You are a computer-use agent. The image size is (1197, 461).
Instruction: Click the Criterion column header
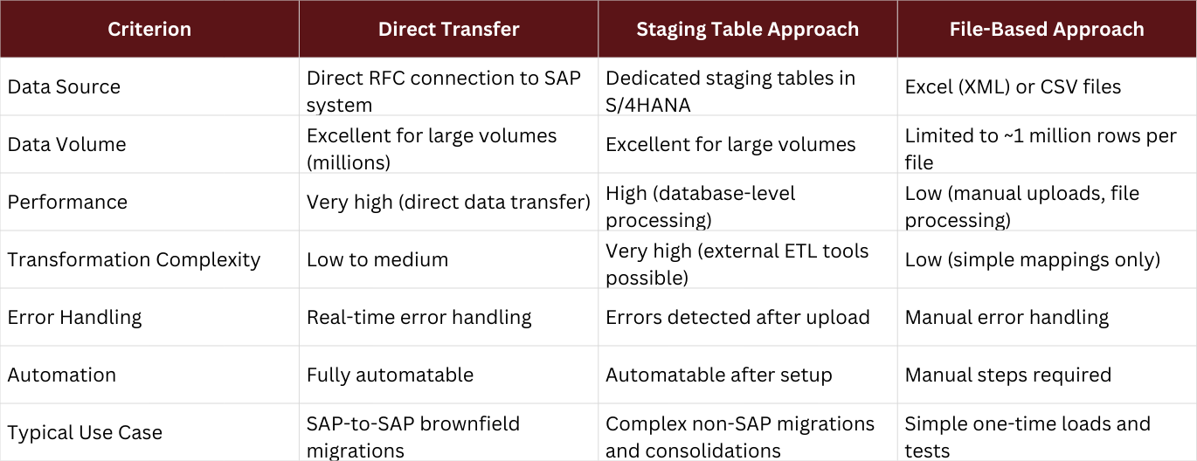pyautogui.click(x=149, y=29)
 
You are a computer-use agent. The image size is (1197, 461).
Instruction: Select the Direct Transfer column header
pyautogui.click(x=448, y=29)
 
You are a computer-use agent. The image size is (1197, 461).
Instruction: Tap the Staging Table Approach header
pyautogui.click(x=747, y=29)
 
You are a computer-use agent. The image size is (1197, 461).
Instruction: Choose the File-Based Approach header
pyautogui.click(x=1047, y=29)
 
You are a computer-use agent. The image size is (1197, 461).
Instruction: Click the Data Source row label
pyautogui.click(x=64, y=86)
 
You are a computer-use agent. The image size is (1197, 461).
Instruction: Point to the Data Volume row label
pyautogui.click(x=66, y=144)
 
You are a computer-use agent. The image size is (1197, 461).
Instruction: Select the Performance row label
pyautogui.click(x=67, y=202)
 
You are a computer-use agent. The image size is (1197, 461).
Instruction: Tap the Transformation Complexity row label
pyautogui.click(x=134, y=259)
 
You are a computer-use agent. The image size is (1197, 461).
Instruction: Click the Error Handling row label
pyautogui.click(x=75, y=317)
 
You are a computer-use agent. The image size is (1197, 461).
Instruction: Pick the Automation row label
pyautogui.click(x=61, y=375)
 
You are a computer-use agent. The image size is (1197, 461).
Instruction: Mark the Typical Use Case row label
pyautogui.click(x=85, y=433)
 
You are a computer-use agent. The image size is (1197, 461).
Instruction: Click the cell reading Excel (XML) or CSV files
pyautogui.click(x=1013, y=86)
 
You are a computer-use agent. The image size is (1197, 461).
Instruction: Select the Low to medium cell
pyautogui.click(x=377, y=259)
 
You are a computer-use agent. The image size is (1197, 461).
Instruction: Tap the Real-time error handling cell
pyautogui.click(x=419, y=317)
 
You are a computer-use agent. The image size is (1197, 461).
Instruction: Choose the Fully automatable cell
pyautogui.click(x=390, y=375)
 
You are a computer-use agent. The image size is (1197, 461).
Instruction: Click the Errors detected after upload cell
pyautogui.click(x=737, y=317)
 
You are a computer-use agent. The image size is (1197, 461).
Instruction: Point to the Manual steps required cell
pyautogui.click(x=1007, y=375)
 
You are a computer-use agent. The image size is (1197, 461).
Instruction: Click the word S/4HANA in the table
pyautogui.click(x=647, y=106)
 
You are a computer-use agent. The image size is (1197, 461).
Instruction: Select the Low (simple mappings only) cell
pyautogui.click(x=1033, y=259)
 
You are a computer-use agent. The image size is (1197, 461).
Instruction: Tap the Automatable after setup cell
pyautogui.click(x=719, y=375)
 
